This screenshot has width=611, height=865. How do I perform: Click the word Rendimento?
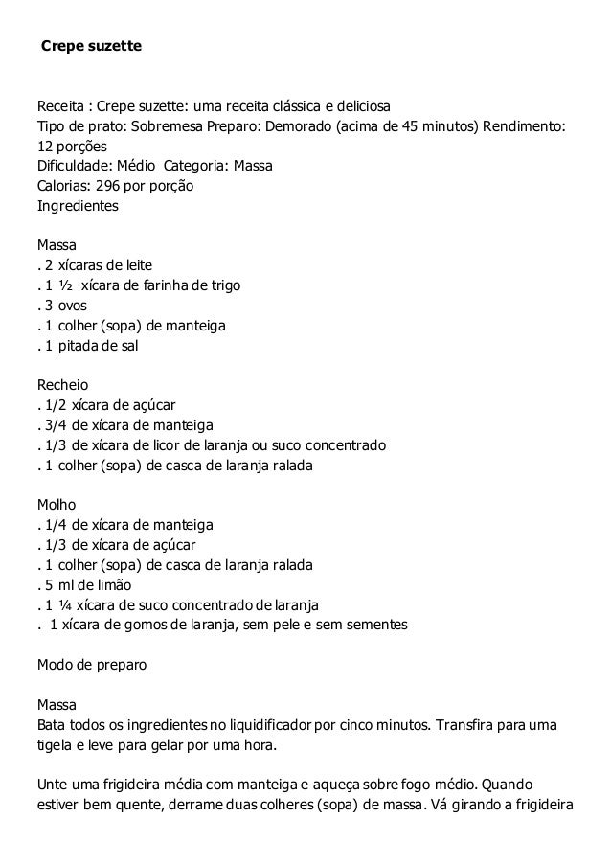(525, 125)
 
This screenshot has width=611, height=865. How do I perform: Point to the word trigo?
(223, 286)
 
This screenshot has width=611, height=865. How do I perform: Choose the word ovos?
(71, 307)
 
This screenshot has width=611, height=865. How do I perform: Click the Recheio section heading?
(62, 387)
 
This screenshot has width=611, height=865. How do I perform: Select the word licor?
(159, 447)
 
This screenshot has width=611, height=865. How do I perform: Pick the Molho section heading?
(56, 505)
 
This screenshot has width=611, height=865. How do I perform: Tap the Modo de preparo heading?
(91, 665)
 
